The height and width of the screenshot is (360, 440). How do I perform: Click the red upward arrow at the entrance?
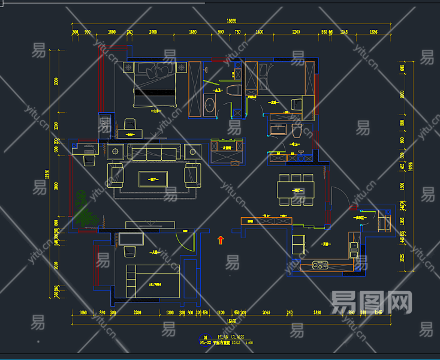pyautogui.click(x=220, y=240)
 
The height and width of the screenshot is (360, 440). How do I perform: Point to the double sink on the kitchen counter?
pyautogui.click(x=321, y=264)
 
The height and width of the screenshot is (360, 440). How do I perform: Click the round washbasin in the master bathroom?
pyautogui.click(x=209, y=104)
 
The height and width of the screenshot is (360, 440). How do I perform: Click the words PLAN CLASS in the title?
pyautogui.click(x=230, y=337)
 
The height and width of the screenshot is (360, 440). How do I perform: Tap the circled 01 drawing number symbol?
pyautogui.click(x=206, y=338)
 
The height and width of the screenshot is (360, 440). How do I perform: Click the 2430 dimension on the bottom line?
pyautogui.click(x=317, y=313)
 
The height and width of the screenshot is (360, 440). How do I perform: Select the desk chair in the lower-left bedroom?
pyautogui.click(x=129, y=251)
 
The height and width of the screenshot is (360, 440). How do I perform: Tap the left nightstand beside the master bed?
pyautogui.click(x=129, y=67)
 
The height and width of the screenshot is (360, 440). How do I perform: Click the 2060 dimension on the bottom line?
pyautogui.click(x=266, y=313)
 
